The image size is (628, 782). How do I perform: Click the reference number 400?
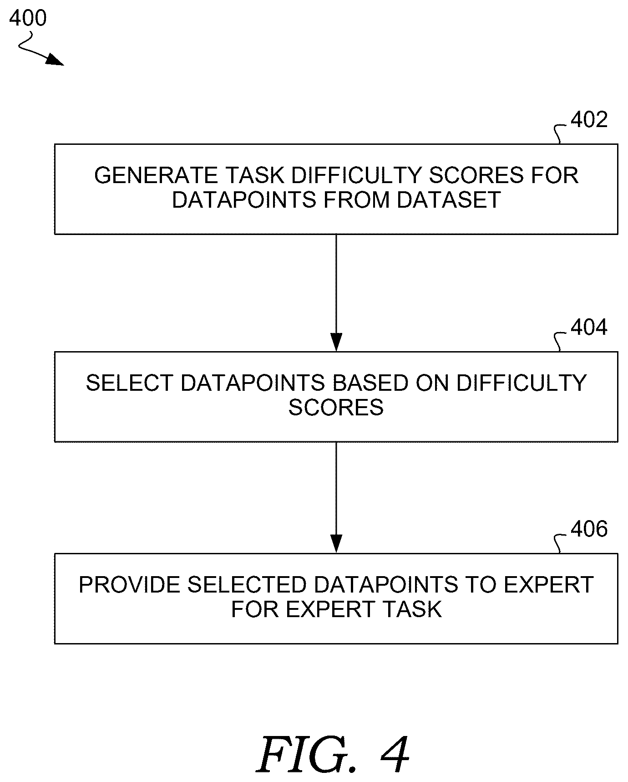pos(28,19)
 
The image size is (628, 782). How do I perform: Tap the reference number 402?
pos(589,120)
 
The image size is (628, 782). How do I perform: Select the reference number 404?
pos(589,327)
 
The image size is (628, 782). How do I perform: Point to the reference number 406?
pos(589,529)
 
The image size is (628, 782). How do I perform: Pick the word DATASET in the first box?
pos(449,199)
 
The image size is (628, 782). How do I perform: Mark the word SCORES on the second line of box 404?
pos(336,407)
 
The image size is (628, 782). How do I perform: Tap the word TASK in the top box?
pos(250,175)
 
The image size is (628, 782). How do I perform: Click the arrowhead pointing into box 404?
pos(336,342)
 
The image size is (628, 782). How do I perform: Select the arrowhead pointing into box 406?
pos(336,544)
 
